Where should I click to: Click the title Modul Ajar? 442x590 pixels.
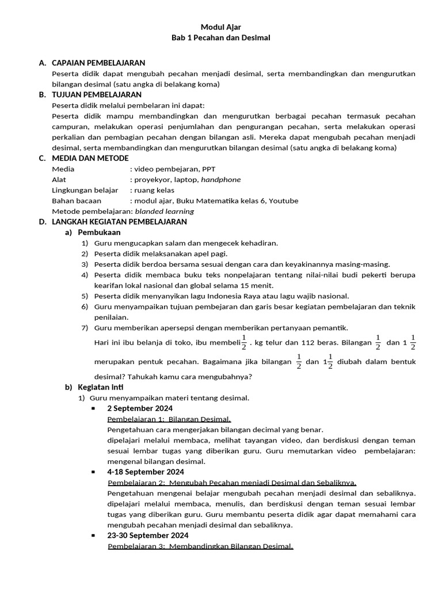click(220, 27)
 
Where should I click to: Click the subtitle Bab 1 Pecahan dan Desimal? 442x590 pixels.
click(220, 38)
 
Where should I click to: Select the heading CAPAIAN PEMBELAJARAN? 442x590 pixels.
click(98, 63)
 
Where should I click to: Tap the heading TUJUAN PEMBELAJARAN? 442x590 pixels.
click(97, 94)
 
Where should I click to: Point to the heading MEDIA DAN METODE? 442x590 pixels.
click(90, 158)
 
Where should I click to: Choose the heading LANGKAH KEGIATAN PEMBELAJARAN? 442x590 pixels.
click(119, 222)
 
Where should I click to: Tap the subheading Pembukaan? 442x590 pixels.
click(99, 233)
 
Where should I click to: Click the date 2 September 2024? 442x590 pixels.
click(139, 409)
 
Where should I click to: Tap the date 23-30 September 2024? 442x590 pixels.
click(147, 535)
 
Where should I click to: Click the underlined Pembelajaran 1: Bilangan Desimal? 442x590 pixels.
click(169, 419)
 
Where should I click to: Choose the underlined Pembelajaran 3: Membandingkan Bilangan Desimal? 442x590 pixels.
click(200, 546)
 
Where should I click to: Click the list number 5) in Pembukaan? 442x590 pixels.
click(84, 296)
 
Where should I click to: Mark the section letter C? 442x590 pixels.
click(41, 158)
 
